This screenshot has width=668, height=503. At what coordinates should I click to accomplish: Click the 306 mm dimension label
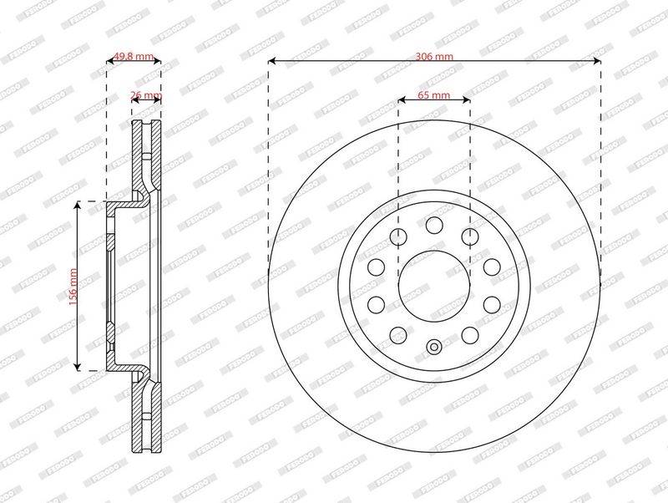click(x=433, y=56)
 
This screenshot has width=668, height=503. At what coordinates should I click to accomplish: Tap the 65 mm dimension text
click(x=433, y=95)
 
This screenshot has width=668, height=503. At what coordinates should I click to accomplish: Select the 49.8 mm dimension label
click(x=134, y=56)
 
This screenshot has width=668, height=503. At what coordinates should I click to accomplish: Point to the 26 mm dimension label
click(x=146, y=95)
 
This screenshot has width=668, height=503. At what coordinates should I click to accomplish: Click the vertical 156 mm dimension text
click(x=73, y=285)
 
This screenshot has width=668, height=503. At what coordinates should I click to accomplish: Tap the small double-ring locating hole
click(x=433, y=347)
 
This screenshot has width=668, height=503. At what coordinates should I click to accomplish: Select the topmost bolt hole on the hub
click(x=433, y=224)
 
